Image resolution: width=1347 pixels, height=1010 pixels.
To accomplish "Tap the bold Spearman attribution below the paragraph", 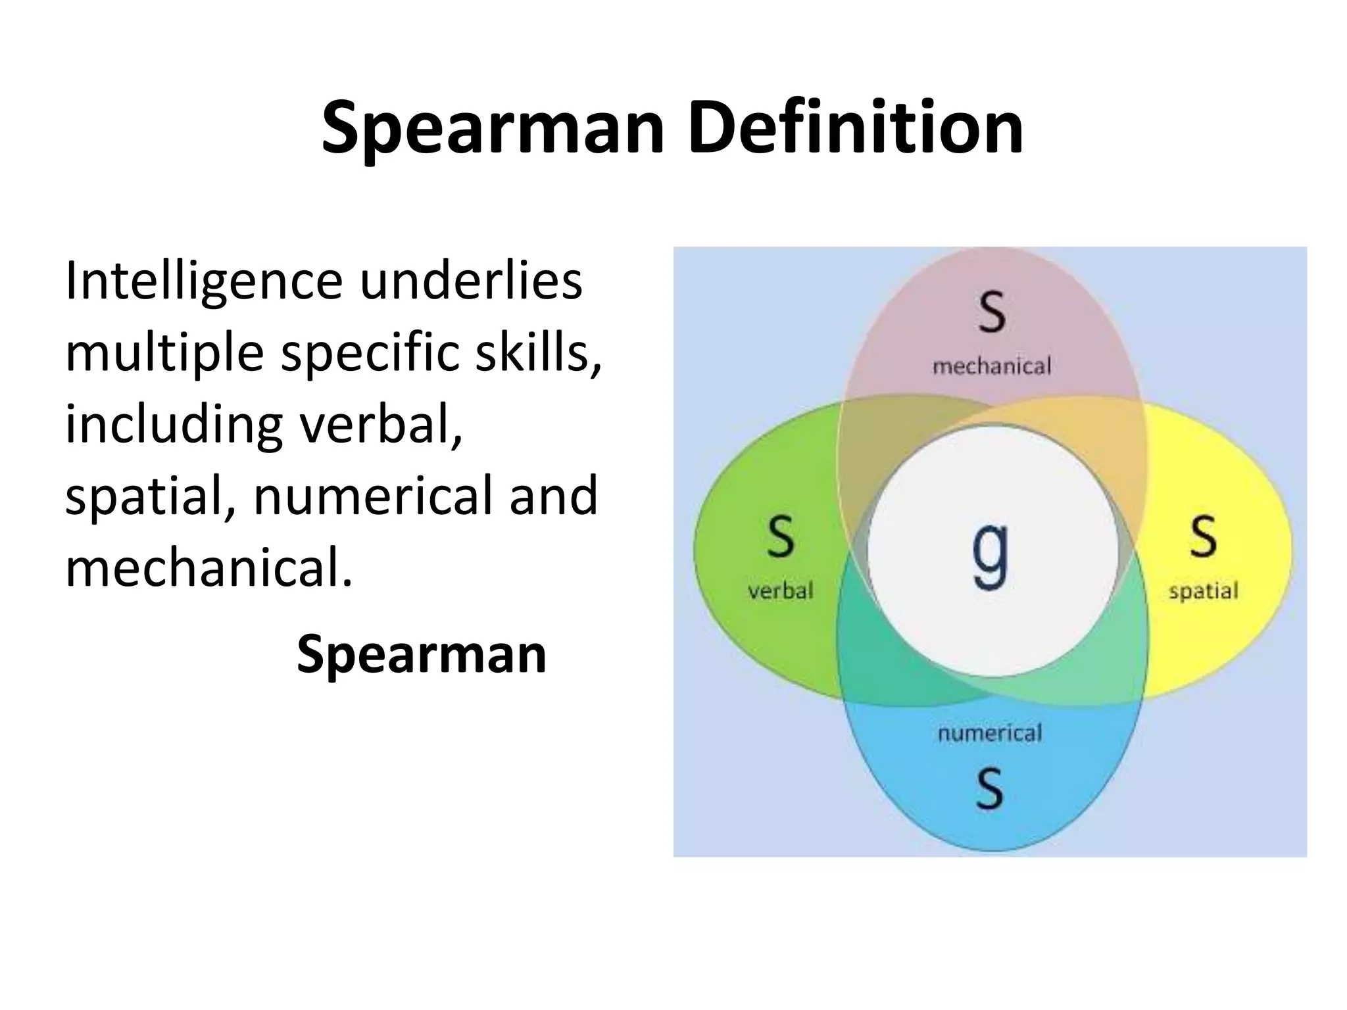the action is (x=422, y=654).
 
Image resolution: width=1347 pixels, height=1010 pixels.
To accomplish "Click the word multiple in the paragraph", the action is (x=164, y=354).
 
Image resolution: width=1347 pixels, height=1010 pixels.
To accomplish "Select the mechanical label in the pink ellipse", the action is (x=992, y=366).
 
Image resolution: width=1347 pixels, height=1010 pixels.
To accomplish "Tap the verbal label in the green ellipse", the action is (x=781, y=590).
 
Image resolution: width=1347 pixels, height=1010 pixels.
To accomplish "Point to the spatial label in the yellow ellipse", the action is (x=1203, y=591).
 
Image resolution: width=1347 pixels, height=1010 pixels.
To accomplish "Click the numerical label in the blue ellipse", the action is (x=990, y=733).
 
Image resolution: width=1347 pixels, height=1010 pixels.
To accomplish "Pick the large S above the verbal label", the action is (x=781, y=537).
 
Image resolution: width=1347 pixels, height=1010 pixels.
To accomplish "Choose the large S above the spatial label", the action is (x=1203, y=537).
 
